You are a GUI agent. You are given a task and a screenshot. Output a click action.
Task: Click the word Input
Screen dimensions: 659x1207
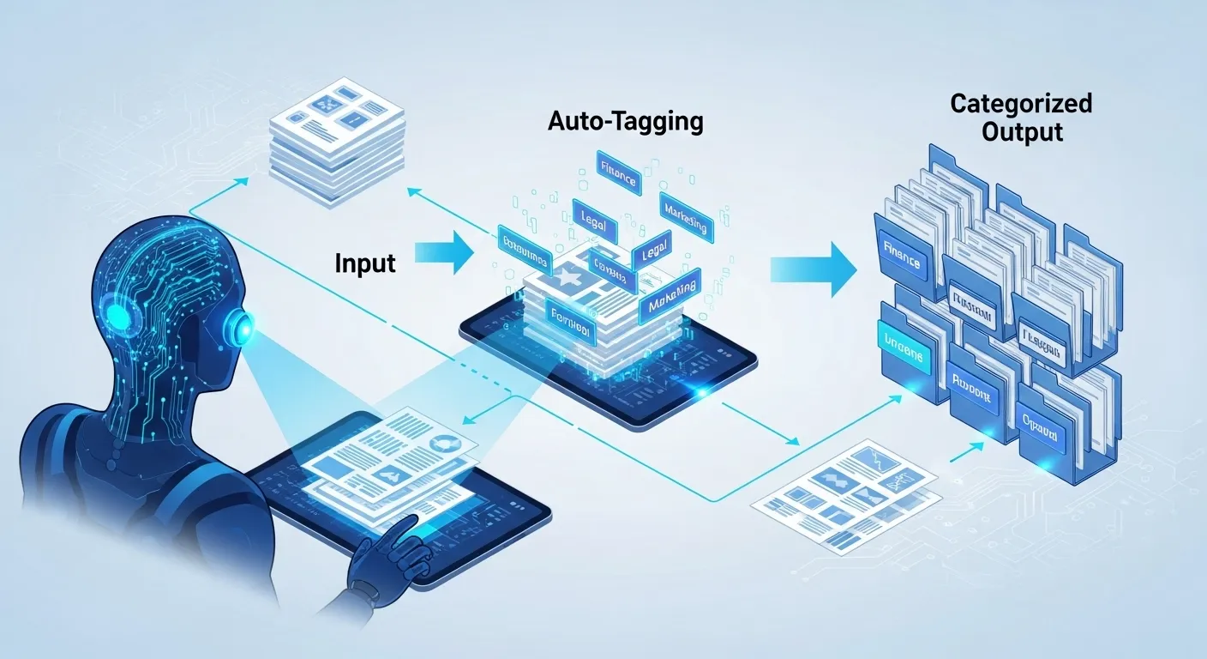365,263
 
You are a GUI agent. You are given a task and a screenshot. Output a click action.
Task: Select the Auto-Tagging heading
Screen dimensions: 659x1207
625,121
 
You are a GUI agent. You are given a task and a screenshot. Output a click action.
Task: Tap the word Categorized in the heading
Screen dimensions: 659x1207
1021,104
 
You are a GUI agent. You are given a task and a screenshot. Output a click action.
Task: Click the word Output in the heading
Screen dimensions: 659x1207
1022,133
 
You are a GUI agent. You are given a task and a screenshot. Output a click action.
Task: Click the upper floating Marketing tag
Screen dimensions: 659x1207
686,214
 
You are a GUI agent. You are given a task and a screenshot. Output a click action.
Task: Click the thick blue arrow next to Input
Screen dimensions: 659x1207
443,252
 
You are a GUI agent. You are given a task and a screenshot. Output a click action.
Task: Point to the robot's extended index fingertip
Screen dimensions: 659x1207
414,519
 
